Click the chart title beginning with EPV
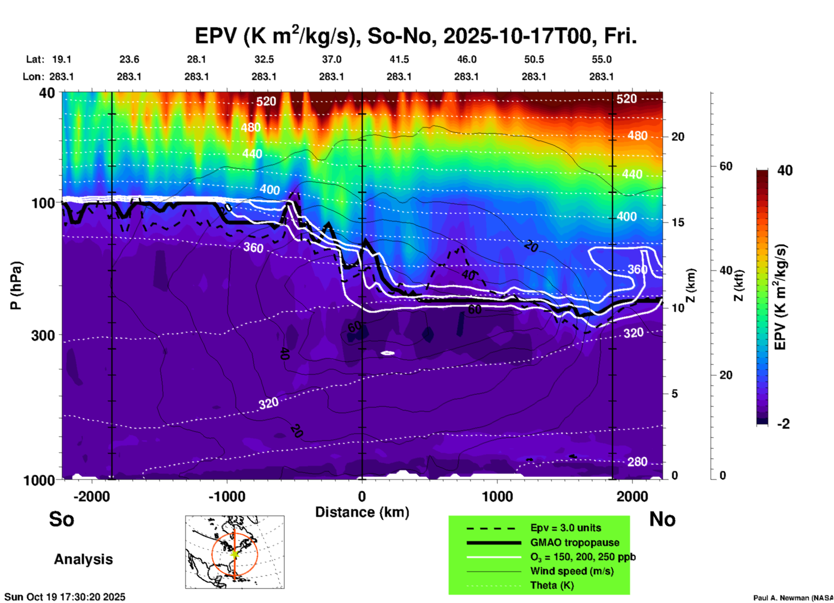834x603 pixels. pyautogui.click(x=416, y=36)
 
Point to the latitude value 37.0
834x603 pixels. pyautogui.click(x=331, y=59)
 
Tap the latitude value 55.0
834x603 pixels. pyautogui.click(x=601, y=59)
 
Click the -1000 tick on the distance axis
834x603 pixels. pyautogui.click(x=227, y=497)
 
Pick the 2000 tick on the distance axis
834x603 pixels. pyautogui.click(x=632, y=497)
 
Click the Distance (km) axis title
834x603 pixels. pyautogui.click(x=362, y=512)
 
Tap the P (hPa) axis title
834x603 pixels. pyautogui.click(x=16, y=285)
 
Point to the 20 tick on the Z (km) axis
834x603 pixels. pyautogui.click(x=678, y=137)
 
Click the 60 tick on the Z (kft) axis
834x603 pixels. pyautogui.click(x=726, y=166)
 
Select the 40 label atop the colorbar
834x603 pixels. pyautogui.click(x=784, y=170)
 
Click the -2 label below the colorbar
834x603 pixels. pyautogui.click(x=783, y=424)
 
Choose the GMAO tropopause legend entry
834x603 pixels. pyautogui.click(x=575, y=542)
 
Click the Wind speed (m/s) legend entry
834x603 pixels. pyautogui.click(x=572, y=571)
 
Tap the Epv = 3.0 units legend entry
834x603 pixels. pyautogui.click(x=566, y=528)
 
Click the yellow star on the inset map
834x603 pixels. pyautogui.click(x=235, y=554)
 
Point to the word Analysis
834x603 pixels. pyautogui.click(x=83, y=559)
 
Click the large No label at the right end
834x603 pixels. pyautogui.click(x=662, y=519)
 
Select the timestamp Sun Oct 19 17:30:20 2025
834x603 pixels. pyautogui.click(x=65, y=597)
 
